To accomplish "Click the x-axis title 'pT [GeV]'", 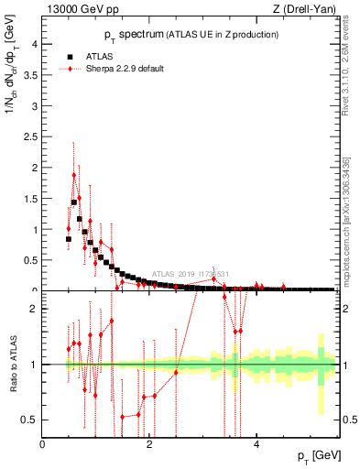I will (317, 455).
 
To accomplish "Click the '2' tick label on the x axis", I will (149, 445).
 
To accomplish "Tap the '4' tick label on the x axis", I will (256, 445).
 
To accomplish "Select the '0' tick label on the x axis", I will (43, 445).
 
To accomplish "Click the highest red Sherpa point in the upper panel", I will (73, 174).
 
